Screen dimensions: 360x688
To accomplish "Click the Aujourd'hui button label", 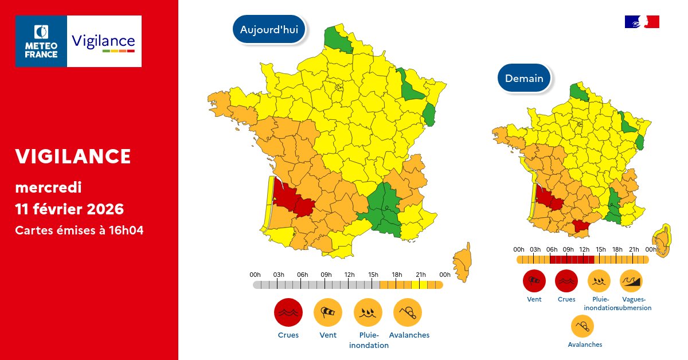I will [x=269, y=30].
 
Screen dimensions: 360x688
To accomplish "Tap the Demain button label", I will [x=524, y=78].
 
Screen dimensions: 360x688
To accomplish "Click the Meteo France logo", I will [x=41, y=41].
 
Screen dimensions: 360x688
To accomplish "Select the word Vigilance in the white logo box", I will [x=104, y=41].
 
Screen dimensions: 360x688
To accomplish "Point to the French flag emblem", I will [x=642, y=22].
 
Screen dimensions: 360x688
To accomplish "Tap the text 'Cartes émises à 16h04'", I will [x=79, y=230].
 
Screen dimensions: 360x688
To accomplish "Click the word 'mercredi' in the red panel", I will [x=48, y=187].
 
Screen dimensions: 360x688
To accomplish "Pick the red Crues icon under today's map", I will [x=288, y=312].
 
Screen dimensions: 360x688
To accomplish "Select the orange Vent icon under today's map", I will [x=327, y=312].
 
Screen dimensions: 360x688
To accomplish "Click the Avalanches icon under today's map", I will [x=408, y=312].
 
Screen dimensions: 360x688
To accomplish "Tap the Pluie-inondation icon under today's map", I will [x=368, y=312].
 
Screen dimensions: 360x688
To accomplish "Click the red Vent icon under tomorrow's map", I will [x=534, y=281].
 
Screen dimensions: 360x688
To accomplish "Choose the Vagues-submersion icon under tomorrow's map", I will [x=631, y=281].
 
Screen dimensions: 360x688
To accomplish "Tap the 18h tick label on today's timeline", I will [x=397, y=275].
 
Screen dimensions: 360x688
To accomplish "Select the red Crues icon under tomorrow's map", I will [x=566, y=281].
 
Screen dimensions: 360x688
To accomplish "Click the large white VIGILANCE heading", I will [x=73, y=156].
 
